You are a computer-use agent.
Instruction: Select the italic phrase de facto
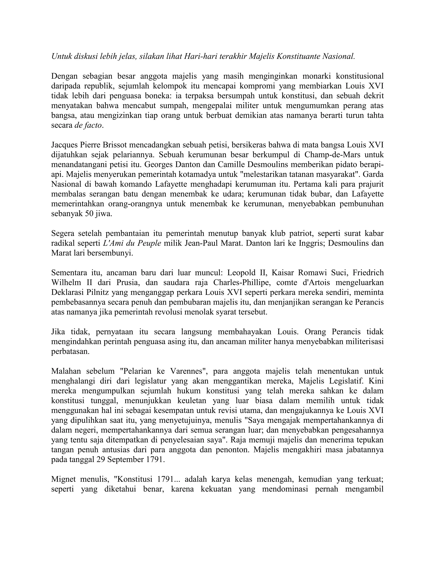coord(88,125)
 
